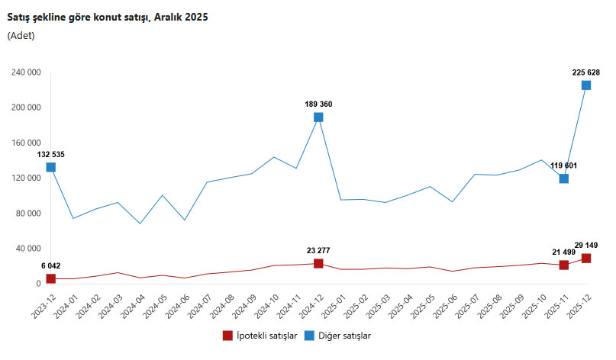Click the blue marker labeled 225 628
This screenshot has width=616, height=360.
tap(586, 85)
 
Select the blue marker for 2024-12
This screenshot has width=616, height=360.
tap(318, 117)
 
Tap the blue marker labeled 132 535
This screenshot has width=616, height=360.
tap(50, 167)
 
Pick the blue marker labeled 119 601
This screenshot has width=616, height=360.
tap(564, 178)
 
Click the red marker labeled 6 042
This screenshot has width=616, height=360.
tap(50, 278)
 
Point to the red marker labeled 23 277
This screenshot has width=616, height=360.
tap(318, 263)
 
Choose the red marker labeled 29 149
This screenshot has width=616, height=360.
tap(586, 258)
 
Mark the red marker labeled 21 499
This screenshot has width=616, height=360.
tap(564, 265)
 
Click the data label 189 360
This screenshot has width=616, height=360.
tap(318, 104)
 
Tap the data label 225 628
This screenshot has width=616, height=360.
tap(586, 72)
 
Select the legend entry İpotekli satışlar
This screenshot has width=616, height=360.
tap(259, 335)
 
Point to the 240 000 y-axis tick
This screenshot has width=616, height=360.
tap(25, 72)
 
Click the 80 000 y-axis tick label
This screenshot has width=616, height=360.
tap(27, 214)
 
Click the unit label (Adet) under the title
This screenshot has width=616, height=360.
tap(21, 35)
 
